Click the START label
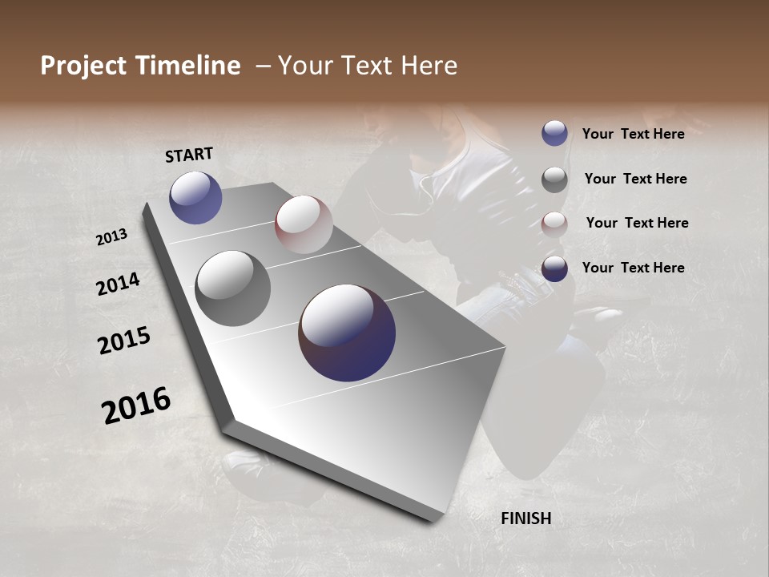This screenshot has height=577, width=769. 189,155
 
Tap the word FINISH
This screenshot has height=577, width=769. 525,518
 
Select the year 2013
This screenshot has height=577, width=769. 111,237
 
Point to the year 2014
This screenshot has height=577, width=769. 118,284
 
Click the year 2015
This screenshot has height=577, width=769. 124,341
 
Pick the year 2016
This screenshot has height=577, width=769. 136,405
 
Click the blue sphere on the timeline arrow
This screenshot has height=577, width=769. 195,197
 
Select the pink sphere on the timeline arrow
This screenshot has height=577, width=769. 304,224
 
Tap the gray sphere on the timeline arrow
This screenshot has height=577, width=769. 232,288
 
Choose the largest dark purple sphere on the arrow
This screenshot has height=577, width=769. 347,333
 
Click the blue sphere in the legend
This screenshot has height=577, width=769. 554,134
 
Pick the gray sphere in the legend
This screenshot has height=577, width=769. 554,180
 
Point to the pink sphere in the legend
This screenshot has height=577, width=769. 554,224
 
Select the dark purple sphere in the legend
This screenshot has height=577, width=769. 554,268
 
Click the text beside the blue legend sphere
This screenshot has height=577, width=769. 633,134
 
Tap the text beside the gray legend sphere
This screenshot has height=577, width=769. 635,179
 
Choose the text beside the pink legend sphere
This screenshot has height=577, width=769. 637,223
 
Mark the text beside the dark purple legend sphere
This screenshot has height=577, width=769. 633,268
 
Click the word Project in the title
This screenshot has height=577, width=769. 83,66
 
